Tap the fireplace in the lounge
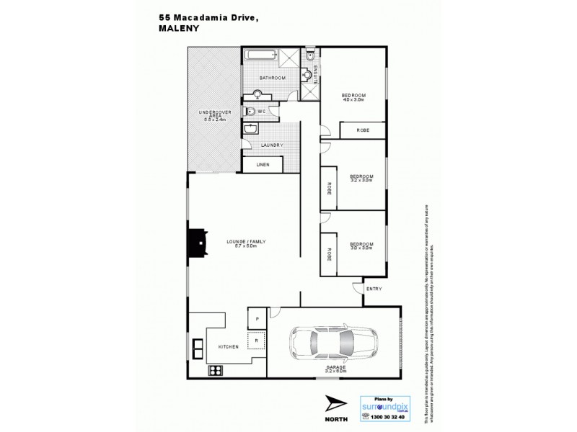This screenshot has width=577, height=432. [x=196, y=243]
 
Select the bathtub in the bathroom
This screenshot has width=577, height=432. [x=262, y=56]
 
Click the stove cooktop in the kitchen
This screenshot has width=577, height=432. [x=214, y=371]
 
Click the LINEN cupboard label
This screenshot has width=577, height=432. [x=262, y=165]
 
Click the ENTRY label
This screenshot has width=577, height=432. [x=374, y=289]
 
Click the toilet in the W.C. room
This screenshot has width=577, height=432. [x=250, y=111]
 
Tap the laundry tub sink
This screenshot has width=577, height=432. [x=250, y=129]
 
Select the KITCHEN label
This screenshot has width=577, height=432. [x=228, y=347]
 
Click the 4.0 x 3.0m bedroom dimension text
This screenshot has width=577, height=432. [x=353, y=99]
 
